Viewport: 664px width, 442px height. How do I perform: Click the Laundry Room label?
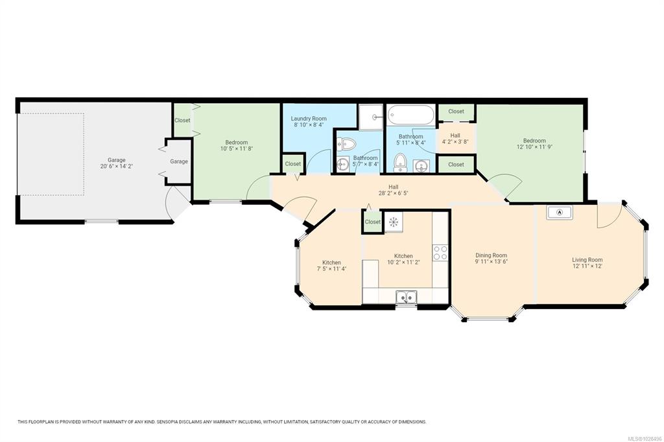tap(309, 119)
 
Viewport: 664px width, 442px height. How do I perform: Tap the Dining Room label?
tap(492, 255)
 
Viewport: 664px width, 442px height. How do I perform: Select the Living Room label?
tap(587, 260)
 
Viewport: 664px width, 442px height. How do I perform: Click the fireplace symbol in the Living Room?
tap(560, 212)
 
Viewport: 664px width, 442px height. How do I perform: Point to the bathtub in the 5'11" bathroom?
tap(410, 115)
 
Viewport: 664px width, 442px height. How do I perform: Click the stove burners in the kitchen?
tap(440, 253)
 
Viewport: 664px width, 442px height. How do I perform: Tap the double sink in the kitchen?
tap(406, 297)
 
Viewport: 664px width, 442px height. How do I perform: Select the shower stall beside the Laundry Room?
tap(370, 117)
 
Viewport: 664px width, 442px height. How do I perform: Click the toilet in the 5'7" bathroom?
tap(346, 145)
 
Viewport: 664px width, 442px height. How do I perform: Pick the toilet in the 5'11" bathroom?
tap(400, 163)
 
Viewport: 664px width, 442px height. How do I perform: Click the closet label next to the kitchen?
tap(373, 222)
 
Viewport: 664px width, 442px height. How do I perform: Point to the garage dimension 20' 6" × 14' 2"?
tap(117, 167)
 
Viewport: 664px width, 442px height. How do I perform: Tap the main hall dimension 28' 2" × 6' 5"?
tap(394, 193)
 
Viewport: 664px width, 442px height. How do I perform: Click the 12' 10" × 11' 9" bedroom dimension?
tap(534, 147)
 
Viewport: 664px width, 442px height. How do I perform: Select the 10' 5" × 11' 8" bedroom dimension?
tap(236, 148)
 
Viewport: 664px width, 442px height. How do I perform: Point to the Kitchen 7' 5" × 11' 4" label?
tap(331, 266)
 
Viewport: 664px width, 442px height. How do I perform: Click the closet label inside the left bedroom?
tap(182, 121)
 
